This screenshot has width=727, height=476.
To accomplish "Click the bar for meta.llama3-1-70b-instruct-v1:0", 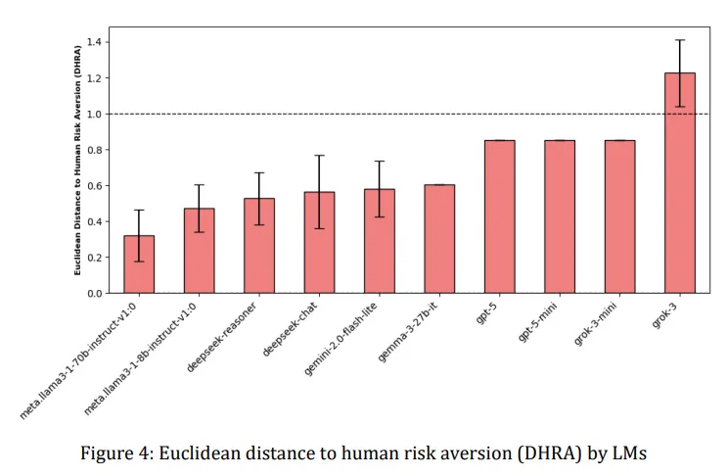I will pos(139,264).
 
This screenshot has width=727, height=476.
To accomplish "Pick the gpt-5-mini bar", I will pos(560,217).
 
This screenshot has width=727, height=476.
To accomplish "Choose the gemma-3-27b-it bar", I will pos(439,239).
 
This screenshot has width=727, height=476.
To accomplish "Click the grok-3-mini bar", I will pos(619,217).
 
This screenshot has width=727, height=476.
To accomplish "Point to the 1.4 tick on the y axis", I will pos(94,42).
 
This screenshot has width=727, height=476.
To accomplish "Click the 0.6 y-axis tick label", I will pos(94,186).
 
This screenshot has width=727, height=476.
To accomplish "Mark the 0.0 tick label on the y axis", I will pos(94,293).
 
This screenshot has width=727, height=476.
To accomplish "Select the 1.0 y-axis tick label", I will pos(94,114).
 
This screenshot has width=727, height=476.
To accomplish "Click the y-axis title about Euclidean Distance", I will pos(76,160).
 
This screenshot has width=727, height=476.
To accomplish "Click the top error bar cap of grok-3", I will pos(679,40).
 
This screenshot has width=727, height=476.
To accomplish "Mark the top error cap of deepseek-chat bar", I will pos(319,156).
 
